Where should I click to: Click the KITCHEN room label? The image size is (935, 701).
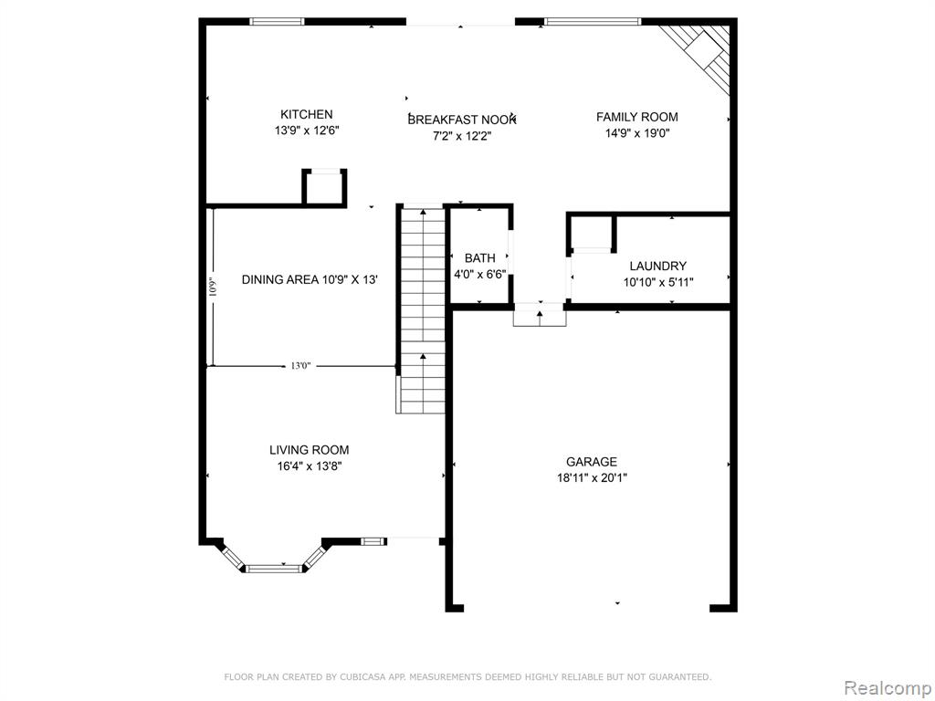pyautogui.click(x=307, y=114)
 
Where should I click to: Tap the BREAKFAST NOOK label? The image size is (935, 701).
pyautogui.click(x=461, y=120)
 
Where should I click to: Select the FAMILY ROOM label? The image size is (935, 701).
pyautogui.click(x=636, y=117)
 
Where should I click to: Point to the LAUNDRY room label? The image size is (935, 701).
pyautogui.click(x=657, y=266)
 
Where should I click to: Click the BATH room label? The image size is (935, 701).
pyautogui.click(x=480, y=258)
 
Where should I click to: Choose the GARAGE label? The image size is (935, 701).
pyautogui.click(x=592, y=461)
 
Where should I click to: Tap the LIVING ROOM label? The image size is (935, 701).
pyautogui.click(x=309, y=450)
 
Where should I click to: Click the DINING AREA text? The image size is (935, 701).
pyautogui.click(x=279, y=279)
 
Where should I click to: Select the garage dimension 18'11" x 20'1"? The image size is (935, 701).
pyautogui.click(x=592, y=477)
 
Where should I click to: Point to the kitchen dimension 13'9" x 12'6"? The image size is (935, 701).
pyautogui.click(x=307, y=131)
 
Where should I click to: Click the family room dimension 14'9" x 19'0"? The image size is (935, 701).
pyautogui.click(x=636, y=133)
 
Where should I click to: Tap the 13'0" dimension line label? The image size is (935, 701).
pyautogui.click(x=301, y=366)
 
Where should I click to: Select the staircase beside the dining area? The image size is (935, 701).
pyautogui.click(x=423, y=309)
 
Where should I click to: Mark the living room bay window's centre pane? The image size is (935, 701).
pyautogui.click(x=276, y=568)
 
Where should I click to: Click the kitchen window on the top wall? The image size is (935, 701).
pyautogui.click(x=277, y=22)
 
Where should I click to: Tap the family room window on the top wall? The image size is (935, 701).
pyautogui.click(x=593, y=22)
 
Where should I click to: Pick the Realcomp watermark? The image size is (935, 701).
pyautogui.click(x=888, y=688)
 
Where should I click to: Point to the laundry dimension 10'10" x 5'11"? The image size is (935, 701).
pyautogui.click(x=658, y=282)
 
